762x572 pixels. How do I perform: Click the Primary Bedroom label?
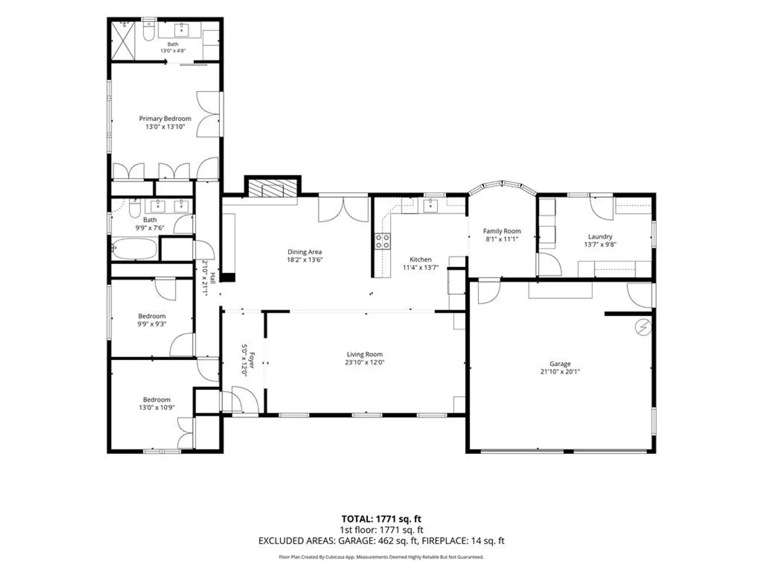165,119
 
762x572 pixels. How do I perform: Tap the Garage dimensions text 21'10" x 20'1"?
560,372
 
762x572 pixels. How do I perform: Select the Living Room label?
365,354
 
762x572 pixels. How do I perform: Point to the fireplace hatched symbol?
273,188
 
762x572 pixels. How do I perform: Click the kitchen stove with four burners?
382,242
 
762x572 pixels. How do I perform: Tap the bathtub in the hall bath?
134,249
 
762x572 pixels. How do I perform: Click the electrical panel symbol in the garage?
643,327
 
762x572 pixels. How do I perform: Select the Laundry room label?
600,237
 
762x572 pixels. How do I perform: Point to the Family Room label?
502,231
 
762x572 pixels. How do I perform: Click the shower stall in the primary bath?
123,41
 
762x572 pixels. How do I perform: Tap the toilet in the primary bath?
149,32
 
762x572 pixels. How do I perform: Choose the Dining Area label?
304,252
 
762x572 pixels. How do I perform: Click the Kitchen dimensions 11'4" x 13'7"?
420,267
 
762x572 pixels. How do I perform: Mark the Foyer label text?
252,361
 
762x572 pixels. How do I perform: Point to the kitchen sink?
430,205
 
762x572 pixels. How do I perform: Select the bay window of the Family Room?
502,187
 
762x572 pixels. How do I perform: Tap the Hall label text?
212,278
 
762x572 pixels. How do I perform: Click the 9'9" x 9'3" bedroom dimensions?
152,324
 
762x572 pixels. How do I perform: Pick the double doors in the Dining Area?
343,209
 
